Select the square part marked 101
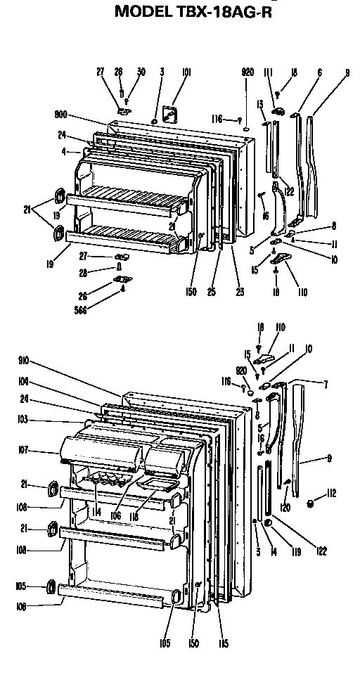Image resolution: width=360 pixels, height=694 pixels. pyautogui.click(x=169, y=113)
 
